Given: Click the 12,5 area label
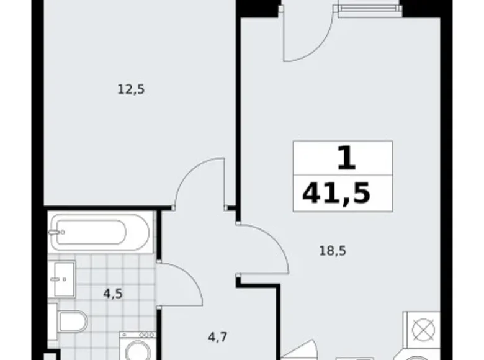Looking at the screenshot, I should pyautogui.click(x=130, y=89).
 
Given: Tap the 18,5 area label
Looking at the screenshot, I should pyautogui.click(x=333, y=251).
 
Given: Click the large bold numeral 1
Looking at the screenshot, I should pyautogui.click(x=346, y=158).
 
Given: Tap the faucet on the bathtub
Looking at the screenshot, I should pyautogui.click(x=58, y=233).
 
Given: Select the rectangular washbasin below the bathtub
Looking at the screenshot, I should pyautogui.click(x=62, y=279).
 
